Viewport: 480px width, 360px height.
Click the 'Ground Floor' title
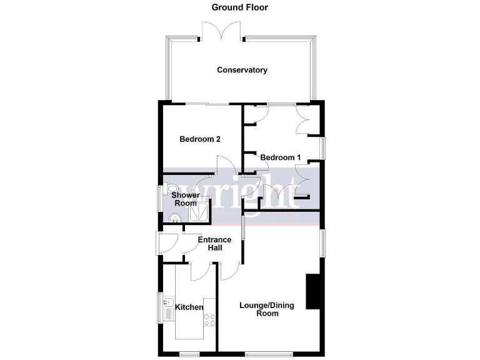point(239,7)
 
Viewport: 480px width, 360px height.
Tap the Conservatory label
point(242,70)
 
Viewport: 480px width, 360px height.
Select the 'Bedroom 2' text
point(200,139)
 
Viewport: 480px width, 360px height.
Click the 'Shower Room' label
point(186,199)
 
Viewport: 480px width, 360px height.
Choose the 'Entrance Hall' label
point(214,244)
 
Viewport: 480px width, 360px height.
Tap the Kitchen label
point(189,307)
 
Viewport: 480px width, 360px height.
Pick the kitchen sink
point(167,307)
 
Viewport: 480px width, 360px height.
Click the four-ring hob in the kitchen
point(209,320)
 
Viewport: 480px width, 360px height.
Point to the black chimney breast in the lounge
point(311,292)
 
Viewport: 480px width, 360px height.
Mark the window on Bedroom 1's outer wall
point(323,149)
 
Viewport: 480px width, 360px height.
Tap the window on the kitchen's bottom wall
point(189,354)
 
